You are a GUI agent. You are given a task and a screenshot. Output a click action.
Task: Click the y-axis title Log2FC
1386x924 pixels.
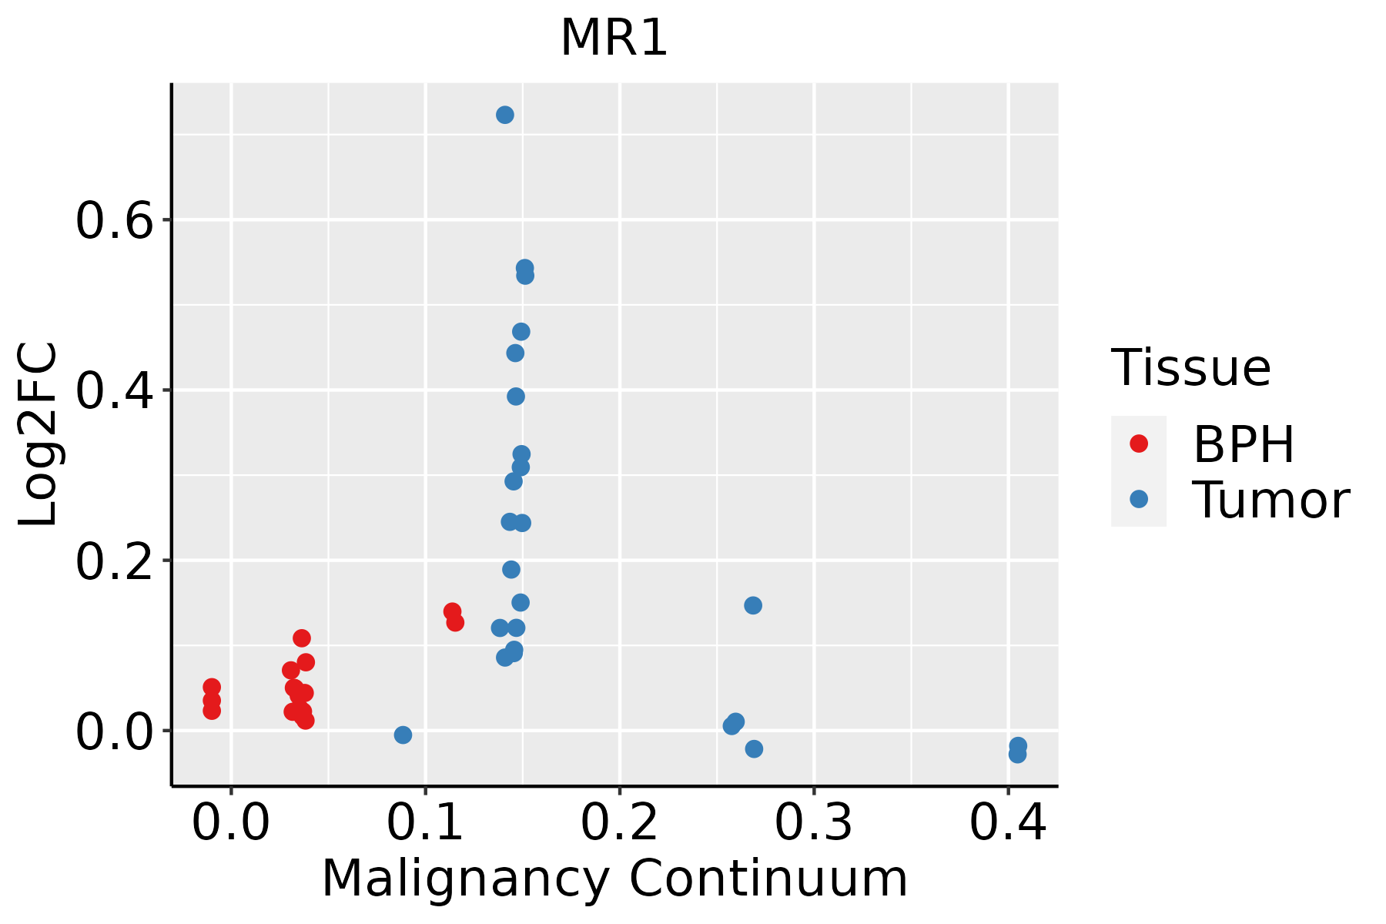(38, 435)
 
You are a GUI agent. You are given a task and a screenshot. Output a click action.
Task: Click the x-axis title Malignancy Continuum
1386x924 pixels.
(614, 879)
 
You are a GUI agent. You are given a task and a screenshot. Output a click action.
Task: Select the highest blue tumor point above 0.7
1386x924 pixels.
(505, 115)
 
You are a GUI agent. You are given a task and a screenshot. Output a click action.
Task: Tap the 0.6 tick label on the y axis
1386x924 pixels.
(112, 221)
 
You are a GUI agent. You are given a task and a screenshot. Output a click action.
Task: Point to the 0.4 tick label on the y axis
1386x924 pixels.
(112, 391)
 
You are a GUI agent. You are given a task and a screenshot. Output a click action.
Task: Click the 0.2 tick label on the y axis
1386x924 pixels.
(112, 561)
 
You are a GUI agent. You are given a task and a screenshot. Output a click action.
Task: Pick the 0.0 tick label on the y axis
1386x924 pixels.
(112, 731)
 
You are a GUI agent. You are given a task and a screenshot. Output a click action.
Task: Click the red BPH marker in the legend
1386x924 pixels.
(1138, 444)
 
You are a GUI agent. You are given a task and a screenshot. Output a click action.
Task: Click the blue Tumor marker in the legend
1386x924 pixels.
(1138, 499)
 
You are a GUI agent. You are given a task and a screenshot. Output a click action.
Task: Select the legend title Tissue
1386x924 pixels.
(1190, 368)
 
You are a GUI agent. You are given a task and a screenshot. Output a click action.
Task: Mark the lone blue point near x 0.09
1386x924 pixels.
(403, 735)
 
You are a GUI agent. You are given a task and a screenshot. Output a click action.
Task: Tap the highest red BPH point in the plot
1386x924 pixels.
(452, 611)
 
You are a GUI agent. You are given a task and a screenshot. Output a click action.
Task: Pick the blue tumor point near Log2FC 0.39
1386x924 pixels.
(516, 397)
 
